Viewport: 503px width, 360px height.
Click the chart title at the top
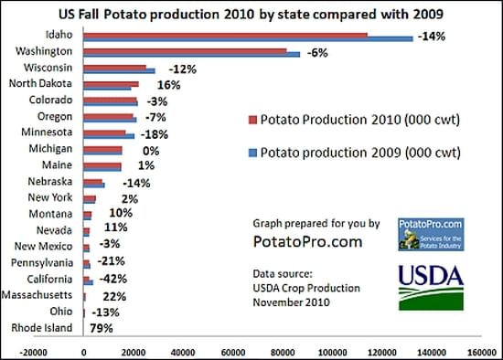click(251, 13)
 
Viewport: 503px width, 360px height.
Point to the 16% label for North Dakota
click(155, 85)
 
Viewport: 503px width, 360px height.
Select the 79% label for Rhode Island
click(101, 328)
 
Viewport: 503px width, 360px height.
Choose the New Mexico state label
click(48, 247)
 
